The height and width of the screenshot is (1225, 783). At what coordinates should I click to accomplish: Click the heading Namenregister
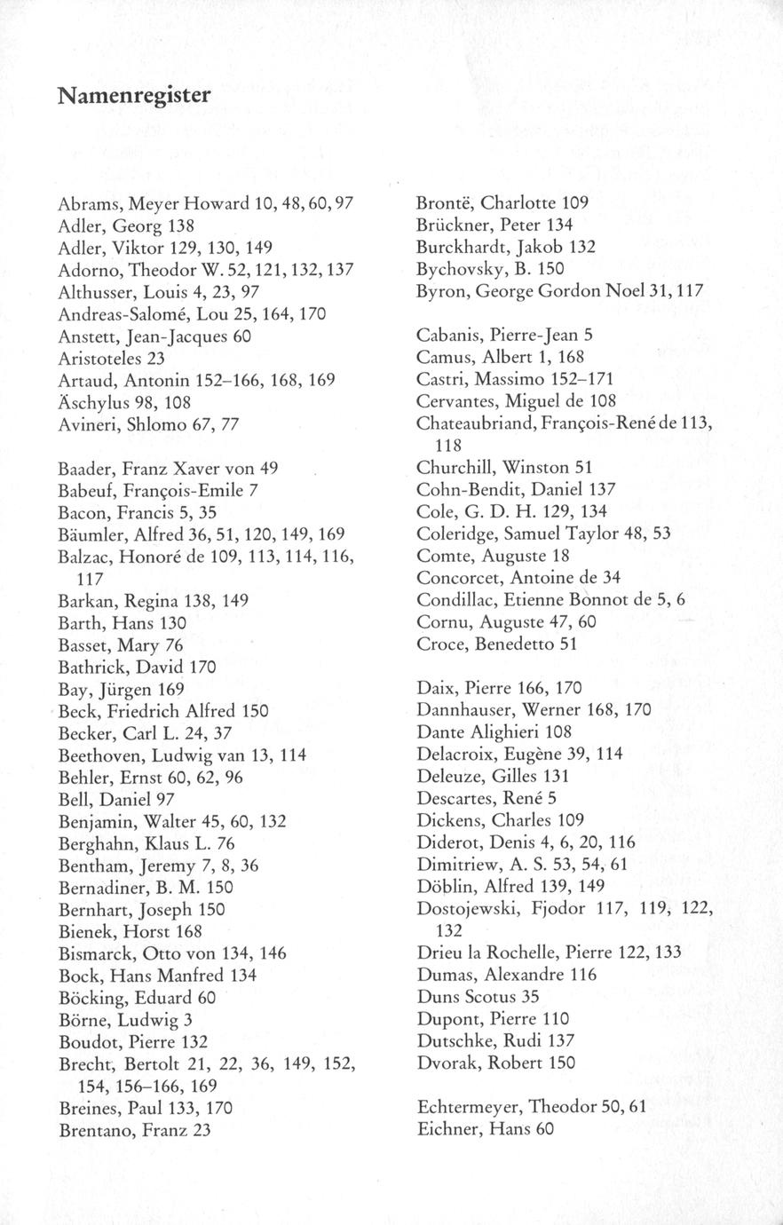click(134, 94)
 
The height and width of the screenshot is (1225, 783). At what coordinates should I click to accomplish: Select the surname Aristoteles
click(99, 357)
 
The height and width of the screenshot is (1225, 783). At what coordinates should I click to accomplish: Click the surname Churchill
click(452, 467)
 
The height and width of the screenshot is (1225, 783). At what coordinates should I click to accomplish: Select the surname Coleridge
click(454, 533)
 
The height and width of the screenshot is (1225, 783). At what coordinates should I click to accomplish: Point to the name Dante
click(438, 732)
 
